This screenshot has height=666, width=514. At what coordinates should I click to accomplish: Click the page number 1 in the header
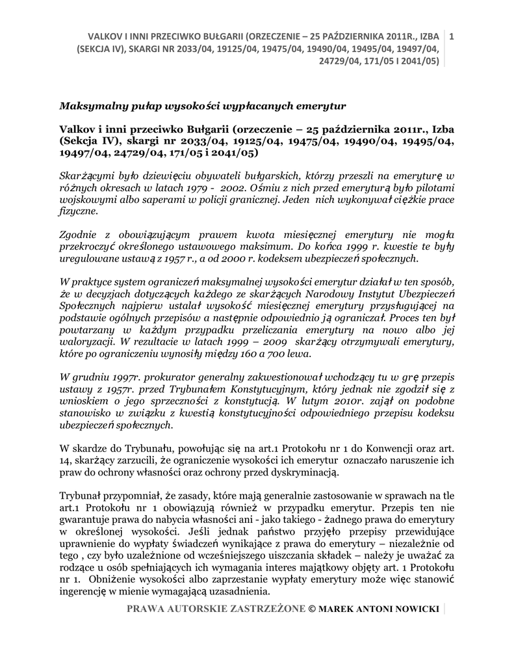point(452,34)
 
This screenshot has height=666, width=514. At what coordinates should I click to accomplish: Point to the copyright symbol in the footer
point(311,609)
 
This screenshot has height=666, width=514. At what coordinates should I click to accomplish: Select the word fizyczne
point(79,211)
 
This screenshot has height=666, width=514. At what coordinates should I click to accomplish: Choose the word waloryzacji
point(88,341)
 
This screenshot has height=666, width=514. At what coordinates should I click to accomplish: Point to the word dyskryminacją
point(303,472)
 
